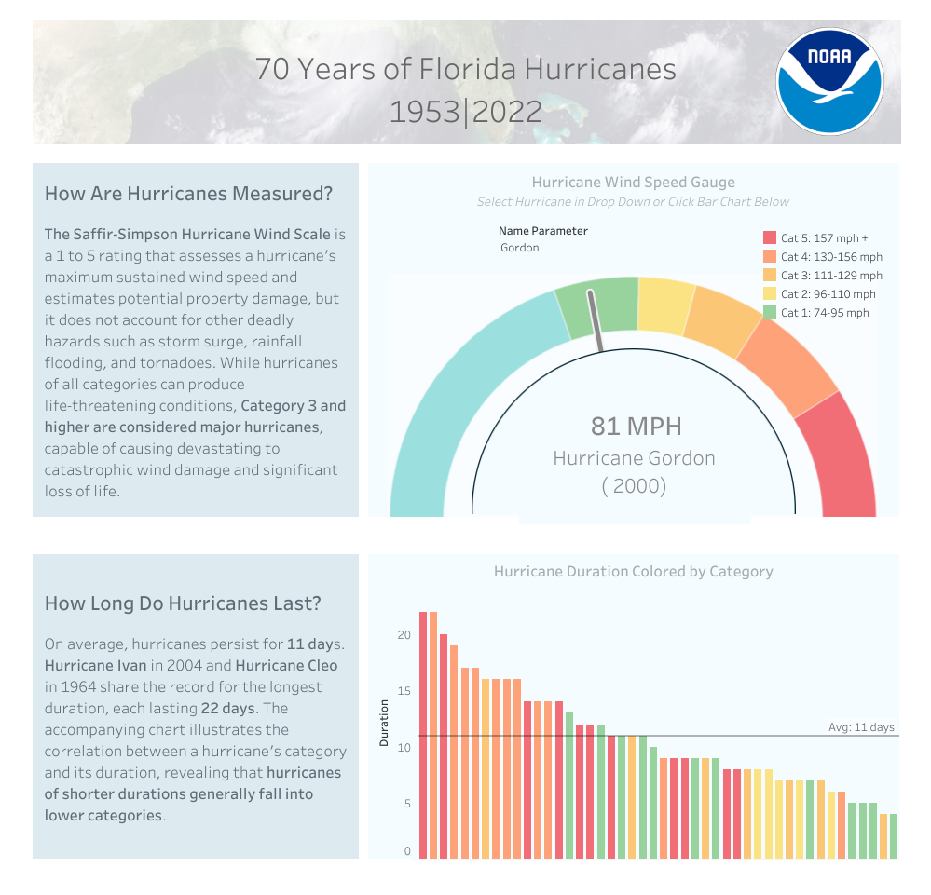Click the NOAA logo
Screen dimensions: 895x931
click(828, 82)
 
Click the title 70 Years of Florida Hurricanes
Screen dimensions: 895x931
click(465, 69)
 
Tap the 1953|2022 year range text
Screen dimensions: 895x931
click(465, 112)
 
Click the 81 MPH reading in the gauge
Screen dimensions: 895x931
click(636, 427)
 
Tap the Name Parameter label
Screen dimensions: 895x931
click(542, 231)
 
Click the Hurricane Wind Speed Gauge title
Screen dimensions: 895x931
click(633, 183)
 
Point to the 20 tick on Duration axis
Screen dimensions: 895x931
click(404, 635)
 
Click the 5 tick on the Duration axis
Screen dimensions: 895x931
click(406, 804)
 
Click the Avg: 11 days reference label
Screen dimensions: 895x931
click(860, 727)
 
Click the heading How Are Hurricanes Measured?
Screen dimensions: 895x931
click(188, 194)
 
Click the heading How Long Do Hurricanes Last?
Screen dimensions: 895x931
click(183, 603)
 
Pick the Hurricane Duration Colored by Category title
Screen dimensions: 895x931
click(633, 571)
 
